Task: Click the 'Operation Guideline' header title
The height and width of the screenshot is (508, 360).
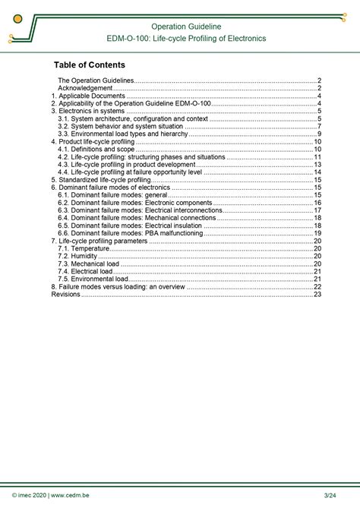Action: [186, 27]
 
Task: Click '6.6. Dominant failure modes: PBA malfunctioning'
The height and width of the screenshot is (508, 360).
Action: [131, 233]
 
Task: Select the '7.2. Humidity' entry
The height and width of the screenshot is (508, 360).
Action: [77, 256]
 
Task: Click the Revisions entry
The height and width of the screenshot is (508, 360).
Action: [66, 295]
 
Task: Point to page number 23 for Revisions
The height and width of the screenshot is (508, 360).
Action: [317, 295]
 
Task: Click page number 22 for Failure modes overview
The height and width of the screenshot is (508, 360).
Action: [317, 287]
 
